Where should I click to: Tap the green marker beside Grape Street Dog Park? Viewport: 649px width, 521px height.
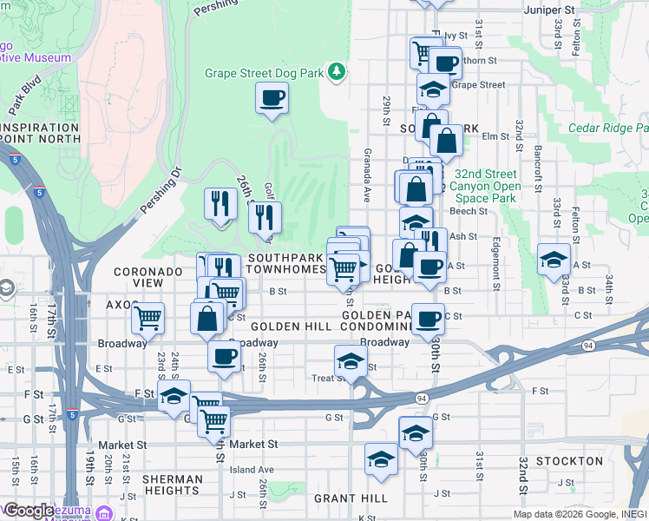tap(334, 72)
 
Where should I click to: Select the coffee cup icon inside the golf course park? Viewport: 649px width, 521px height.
tap(272, 96)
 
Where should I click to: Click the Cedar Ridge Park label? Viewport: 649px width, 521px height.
tap(607, 128)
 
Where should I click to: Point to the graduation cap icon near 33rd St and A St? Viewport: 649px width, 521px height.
tap(554, 259)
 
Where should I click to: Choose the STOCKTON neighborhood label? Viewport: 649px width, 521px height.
tap(568, 460)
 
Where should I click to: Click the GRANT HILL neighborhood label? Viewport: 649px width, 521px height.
tap(351, 498)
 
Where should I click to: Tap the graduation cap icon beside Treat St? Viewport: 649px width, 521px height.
tap(350, 360)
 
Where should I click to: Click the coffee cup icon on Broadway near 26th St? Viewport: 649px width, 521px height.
tap(225, 357)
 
